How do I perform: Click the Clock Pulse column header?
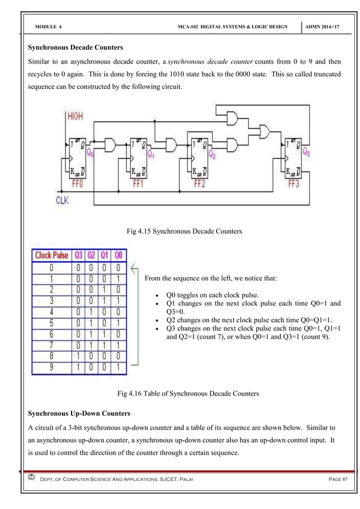(51, 255)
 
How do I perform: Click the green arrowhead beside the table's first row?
(133, 267)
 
